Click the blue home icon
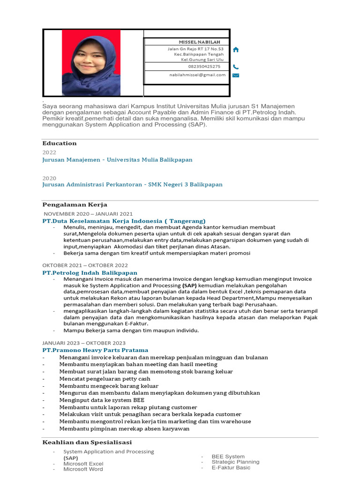click(236, 50)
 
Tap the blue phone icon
click(235, 67)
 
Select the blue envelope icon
click(236, 75)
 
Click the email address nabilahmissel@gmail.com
click(197, 75)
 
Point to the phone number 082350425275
click(204, 67)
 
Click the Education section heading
click(60, 143)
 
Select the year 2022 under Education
click(49, 153)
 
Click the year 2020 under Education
click(49, 179)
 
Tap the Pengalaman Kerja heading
click(75, 205)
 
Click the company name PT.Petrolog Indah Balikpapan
click(90, 273)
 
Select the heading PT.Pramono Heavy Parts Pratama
click(95, 350)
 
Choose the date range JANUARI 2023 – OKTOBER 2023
click(84, 343)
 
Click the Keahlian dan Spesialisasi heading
click(87, 442)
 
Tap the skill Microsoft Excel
click(83, 464)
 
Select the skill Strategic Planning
click(235, 462)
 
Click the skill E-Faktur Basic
click(231, 467)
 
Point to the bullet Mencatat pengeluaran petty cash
click(105, 379)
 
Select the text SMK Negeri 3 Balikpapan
click(185, 185)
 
